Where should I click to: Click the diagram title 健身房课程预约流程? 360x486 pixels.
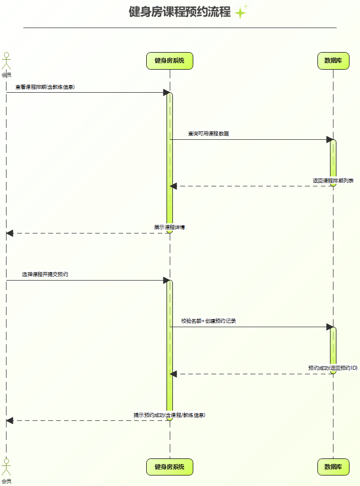(180, 12)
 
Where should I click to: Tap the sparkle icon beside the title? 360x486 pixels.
(242, 11)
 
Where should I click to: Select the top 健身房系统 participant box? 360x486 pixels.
(170, 61)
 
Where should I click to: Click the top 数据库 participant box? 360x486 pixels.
(333, 61)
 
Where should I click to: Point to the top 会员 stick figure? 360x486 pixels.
(6, 63)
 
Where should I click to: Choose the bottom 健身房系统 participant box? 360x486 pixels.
(170, 466)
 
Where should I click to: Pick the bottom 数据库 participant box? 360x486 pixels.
(333, 466)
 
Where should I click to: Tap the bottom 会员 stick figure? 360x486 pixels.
(6, 469)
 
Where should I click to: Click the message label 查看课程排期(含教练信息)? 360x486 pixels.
(45, 87)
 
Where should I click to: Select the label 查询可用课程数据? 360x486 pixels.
(208, 133)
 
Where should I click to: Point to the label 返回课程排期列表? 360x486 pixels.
(333, 180)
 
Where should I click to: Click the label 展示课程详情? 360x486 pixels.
(169, 227)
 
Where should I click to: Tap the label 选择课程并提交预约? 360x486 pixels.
(45, 274)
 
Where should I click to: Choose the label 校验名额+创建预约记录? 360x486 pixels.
(208, 321)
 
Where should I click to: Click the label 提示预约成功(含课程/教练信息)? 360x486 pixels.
(169, 415)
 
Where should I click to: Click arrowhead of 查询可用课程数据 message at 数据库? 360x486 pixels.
(329, 139)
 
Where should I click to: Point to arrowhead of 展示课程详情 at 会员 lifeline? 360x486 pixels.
(10, 233)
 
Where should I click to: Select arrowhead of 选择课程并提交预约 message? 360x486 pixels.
(166, 280)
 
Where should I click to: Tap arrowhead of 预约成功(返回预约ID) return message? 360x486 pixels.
(174, 374)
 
